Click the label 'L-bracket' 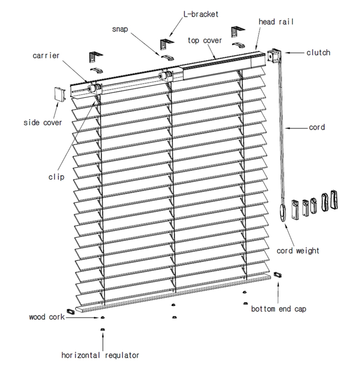coord(201,14)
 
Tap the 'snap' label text coord(120,29)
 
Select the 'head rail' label coord(275,21)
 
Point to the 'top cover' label coord(205,41)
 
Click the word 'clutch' coord(318,52)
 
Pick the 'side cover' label coord(42,123)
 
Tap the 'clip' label coord(57,176)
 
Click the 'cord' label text coord(317,128)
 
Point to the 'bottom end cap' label coord(278,309)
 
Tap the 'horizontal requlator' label coord(100,355)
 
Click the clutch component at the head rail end coord(274,56)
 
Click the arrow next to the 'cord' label coord(298,128)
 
